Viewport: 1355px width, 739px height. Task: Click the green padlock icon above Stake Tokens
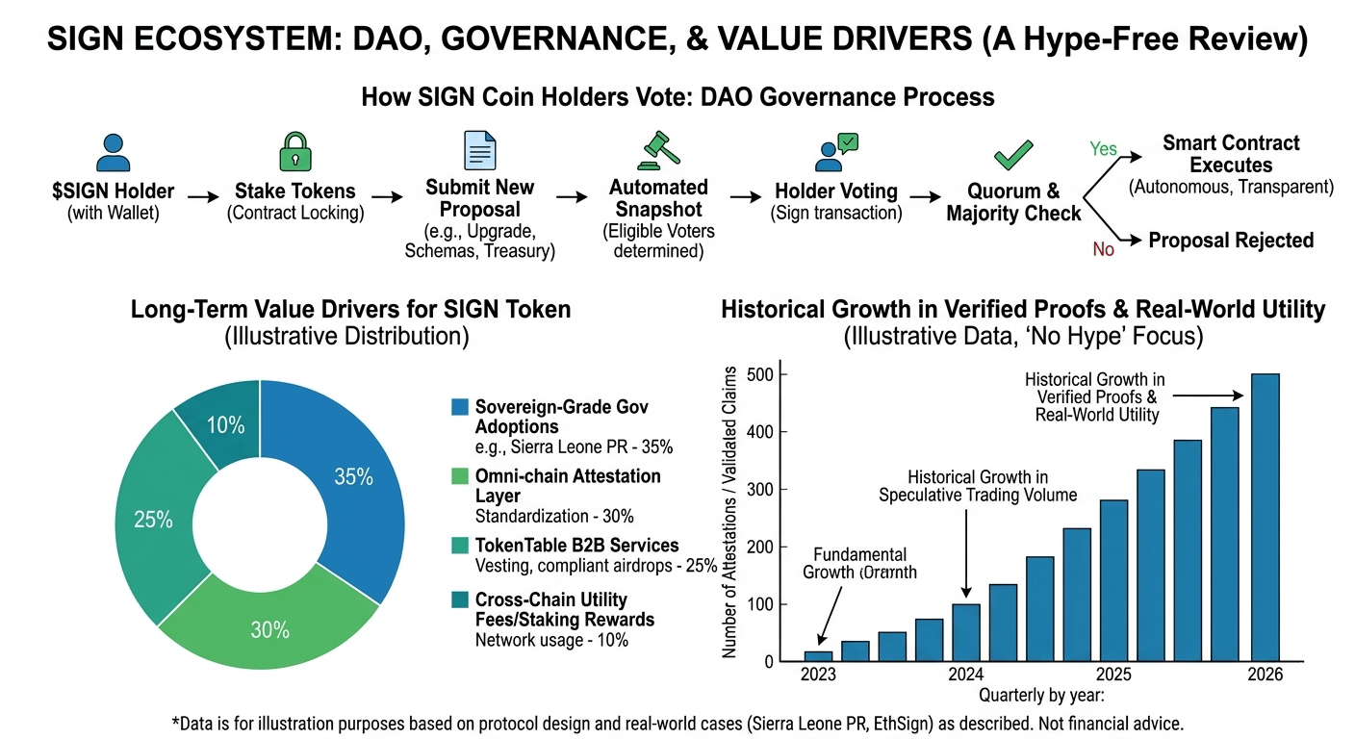(295, 153)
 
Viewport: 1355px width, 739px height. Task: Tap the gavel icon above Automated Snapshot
(659, 150)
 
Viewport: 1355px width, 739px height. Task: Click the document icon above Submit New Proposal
(480, 152)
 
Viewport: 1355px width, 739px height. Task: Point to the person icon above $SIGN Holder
(114, 153)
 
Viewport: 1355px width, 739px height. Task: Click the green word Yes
(1103, 149)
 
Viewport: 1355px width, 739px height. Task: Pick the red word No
(1103, 249)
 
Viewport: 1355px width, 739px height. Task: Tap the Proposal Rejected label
(1231, 240)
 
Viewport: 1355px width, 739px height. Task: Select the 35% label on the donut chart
(353, 476)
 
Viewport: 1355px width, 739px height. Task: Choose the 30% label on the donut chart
(270, 630)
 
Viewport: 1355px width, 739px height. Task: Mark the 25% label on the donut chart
(154, 521)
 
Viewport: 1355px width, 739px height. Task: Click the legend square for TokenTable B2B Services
(459, 546)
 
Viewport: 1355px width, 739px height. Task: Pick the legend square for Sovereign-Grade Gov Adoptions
(459, 407)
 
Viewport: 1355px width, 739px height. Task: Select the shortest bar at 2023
(819, 656)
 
